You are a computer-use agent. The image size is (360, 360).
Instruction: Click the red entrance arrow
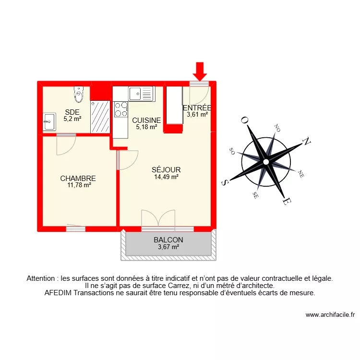(200, 71)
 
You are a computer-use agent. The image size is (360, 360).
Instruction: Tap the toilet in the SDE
(78, 95)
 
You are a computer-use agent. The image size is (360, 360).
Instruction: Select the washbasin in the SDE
(48, 121)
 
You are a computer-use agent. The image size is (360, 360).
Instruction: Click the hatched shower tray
(100, 117)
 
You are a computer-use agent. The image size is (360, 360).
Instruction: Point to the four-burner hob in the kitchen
(121, 109)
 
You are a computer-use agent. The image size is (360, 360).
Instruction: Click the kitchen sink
(140, 93)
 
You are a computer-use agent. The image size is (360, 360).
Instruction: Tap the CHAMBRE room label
(78, 178)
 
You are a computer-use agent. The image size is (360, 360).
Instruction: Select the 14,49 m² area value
(166, 177)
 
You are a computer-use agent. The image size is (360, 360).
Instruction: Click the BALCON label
(168, 240)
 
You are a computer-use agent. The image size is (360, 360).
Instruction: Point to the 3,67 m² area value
(168, 247)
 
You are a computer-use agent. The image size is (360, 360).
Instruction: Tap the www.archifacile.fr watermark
(330, 315)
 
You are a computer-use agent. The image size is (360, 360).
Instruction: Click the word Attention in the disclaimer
(41, 278)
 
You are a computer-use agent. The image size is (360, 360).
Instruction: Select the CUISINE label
(146, 120)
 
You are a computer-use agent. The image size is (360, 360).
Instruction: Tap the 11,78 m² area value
(79, 185)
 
